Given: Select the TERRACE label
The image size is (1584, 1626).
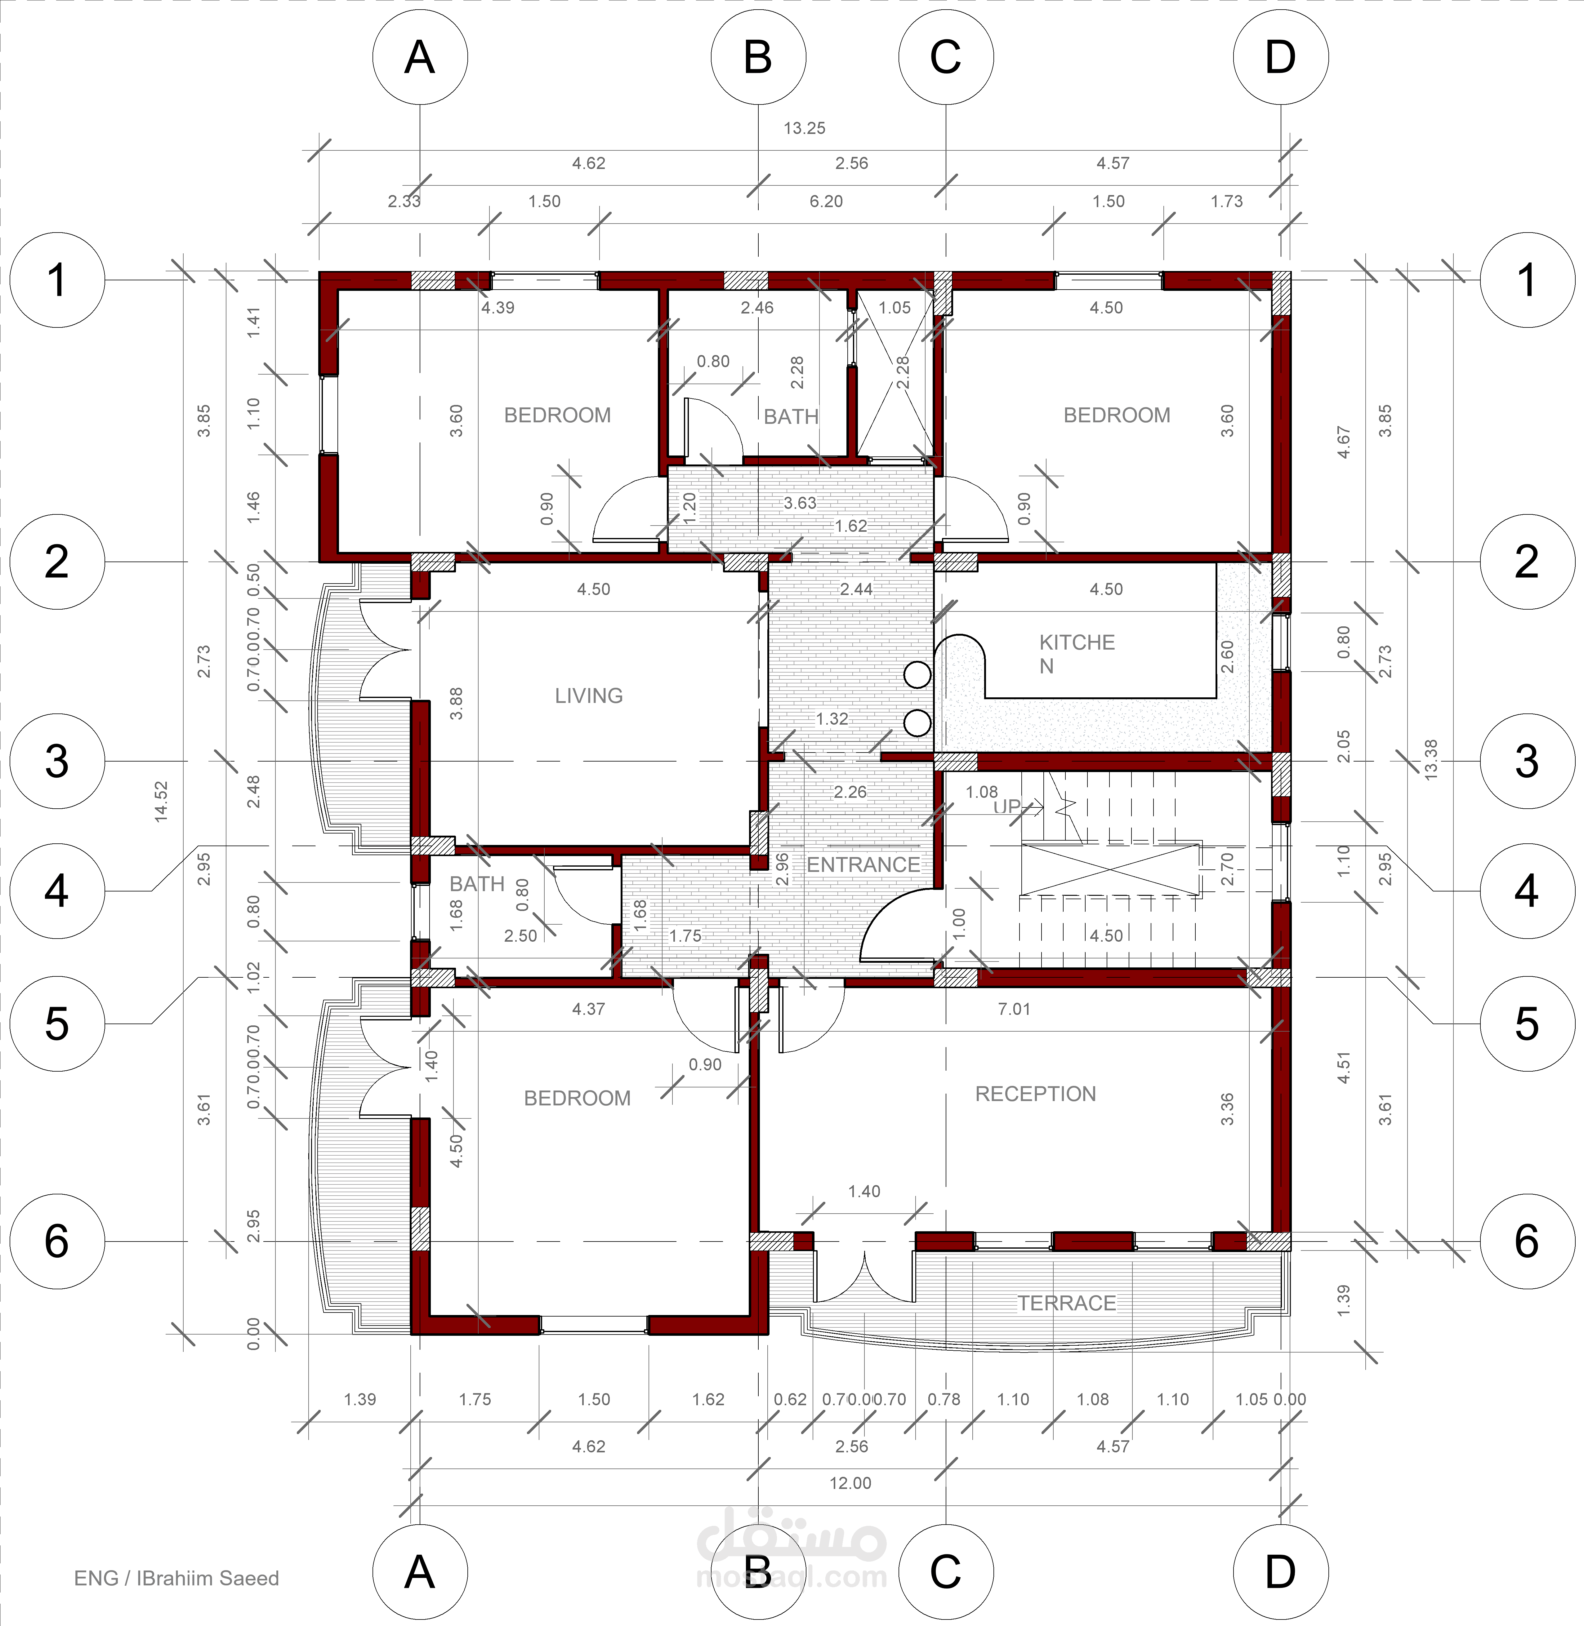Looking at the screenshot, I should tap(1067, 1303).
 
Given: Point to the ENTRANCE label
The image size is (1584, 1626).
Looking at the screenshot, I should tap(863, 865).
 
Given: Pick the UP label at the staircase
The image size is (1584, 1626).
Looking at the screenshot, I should tap(1007, 807).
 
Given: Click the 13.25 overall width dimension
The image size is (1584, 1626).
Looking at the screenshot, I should tap(805, 128).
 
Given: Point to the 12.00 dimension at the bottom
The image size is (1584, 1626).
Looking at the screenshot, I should tap(850, 1483).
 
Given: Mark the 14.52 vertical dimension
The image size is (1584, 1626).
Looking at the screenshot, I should tap(161, 801).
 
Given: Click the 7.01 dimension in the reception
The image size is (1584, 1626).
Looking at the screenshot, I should tap(1014, 1009).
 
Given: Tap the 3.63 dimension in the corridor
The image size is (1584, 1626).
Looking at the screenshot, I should tap(800, 502).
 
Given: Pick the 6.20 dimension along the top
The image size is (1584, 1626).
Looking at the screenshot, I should tap(826, 201).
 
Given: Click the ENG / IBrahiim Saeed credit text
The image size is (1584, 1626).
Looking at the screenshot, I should tap(176, 1578).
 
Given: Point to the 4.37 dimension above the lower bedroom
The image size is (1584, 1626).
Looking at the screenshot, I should tap(588, 1009).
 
